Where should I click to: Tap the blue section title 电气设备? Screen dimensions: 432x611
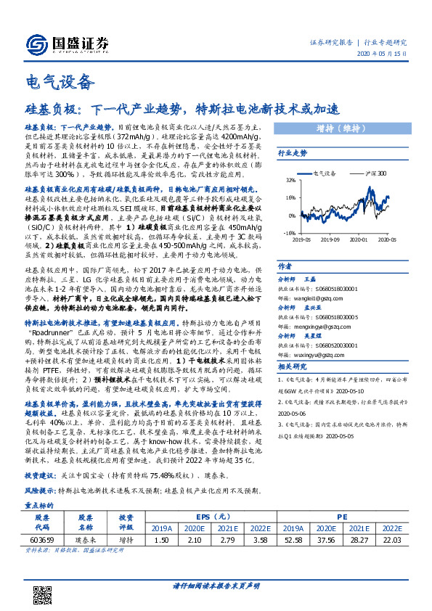click(x=60, y=82)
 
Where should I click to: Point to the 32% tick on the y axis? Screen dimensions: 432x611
click(x=290, y=179)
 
